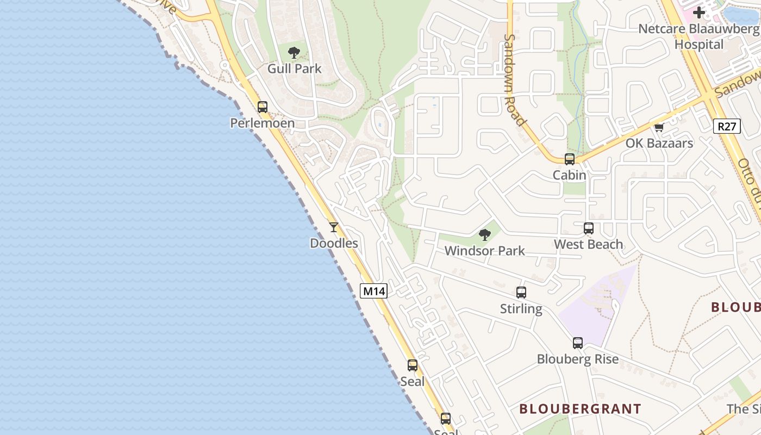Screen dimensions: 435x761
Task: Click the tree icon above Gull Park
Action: click(294, 53)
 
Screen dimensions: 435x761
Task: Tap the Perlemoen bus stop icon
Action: click(263, 107)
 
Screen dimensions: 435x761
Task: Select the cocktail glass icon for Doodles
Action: click(334, 227)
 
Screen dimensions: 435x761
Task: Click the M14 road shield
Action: click(374, 291)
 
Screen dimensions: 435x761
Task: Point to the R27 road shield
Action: click(727, 127)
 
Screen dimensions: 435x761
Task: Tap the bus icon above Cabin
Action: click(570, 159)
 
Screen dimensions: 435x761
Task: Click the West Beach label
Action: click(588, 244)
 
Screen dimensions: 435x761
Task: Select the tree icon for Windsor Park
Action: click(484, 235)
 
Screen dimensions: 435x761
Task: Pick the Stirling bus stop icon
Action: click(521, 293)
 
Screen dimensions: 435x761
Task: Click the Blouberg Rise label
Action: click(577, 359)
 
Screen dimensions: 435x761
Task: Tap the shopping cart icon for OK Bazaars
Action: click(659, 128)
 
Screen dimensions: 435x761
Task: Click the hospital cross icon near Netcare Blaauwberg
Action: click(699, 13)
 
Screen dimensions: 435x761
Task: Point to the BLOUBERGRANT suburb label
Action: click(580, 408)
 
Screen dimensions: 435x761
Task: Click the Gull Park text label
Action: click(294, 69)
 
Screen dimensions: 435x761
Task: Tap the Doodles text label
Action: click(334, 243)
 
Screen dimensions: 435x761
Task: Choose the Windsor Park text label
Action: click(484, 251)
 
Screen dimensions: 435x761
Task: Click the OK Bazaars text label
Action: click(659, 143)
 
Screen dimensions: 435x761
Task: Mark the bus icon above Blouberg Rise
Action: click(578, 343)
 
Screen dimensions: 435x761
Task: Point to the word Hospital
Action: click(699, 44)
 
